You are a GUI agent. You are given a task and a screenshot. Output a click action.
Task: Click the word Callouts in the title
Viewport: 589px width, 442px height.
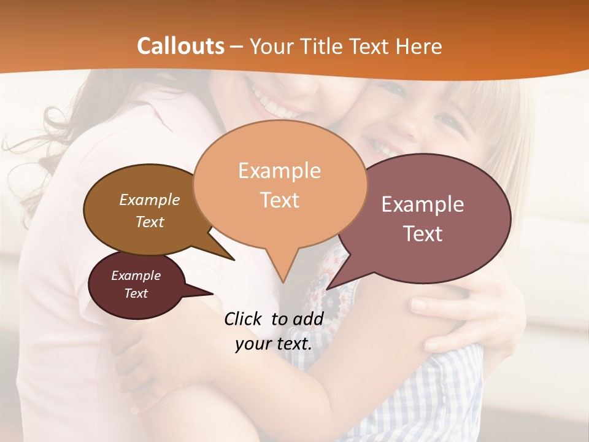click(180, 46)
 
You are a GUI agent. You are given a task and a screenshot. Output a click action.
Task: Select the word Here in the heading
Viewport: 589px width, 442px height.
click(419, 46)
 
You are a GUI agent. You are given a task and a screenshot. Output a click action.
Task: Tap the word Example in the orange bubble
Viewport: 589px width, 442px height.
click(279, 171)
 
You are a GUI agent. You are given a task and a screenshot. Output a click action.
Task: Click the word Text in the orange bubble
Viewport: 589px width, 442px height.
click(280, 200)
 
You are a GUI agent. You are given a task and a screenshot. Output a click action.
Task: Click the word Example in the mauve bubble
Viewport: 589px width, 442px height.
click(423, 204)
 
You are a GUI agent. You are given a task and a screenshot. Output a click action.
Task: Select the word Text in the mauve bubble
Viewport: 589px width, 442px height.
click(423, 234)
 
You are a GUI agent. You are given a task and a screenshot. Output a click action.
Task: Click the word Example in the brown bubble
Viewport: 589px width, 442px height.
click(149, 200)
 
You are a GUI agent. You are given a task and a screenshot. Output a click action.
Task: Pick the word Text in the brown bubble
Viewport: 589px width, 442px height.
click(150, 222)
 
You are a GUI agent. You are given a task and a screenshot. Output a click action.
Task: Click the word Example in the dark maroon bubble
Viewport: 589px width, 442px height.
click(136, 276)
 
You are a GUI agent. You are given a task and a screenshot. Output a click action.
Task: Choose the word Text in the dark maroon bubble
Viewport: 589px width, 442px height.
click(136, 293)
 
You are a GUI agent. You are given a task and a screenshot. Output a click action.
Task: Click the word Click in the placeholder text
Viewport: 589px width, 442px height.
click(244, 319)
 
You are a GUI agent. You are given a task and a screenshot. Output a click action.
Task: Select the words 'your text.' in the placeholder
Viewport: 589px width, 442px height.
click(274, 344)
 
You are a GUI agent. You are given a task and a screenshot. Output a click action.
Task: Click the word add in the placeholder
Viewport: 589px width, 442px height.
click(308, 319)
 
